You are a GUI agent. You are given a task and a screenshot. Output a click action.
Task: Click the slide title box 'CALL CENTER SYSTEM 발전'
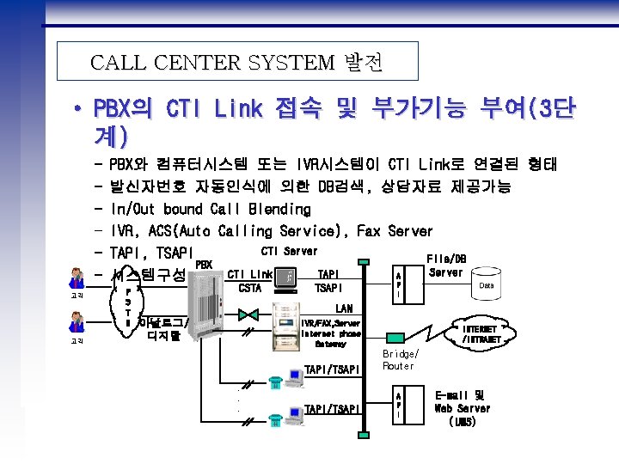236,62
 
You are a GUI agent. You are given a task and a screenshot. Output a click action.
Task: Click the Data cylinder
487,285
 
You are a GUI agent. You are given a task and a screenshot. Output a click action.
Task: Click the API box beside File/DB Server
396,283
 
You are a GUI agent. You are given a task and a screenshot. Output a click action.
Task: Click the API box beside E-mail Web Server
396,403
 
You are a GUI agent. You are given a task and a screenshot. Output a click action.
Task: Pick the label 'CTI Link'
250,274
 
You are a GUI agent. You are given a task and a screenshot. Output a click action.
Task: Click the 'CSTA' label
250,289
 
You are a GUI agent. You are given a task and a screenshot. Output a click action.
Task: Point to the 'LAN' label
344,308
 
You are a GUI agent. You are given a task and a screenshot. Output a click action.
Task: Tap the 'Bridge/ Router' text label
399,360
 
